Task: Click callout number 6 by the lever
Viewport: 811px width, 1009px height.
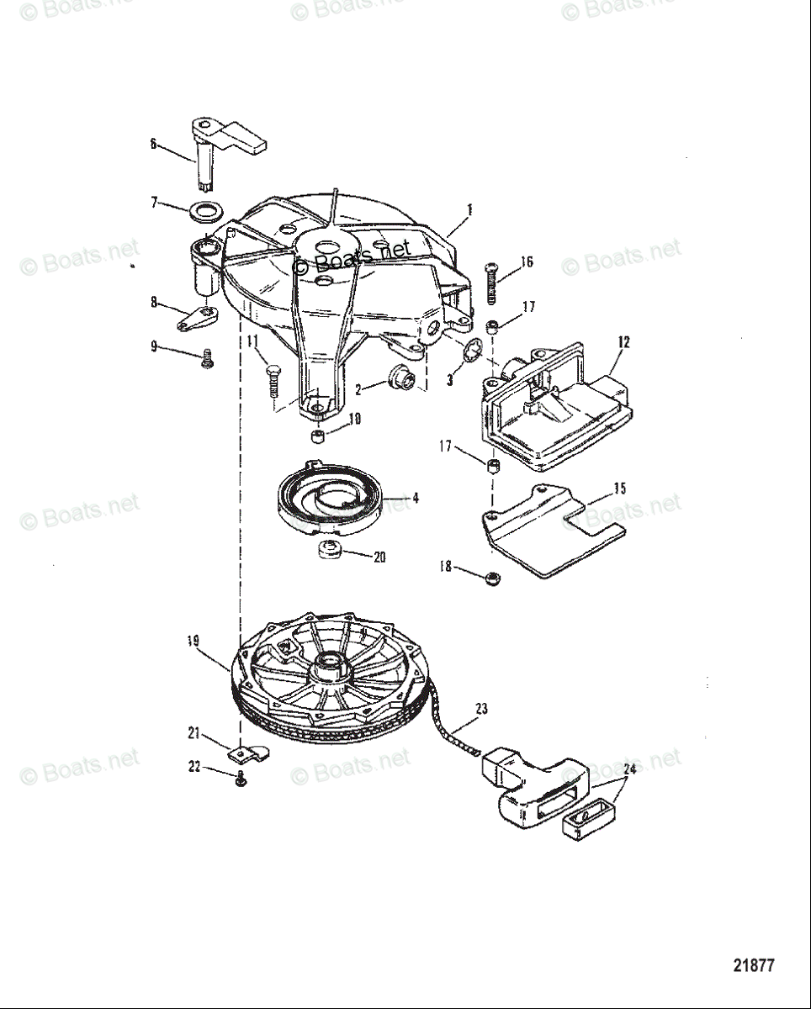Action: pyautogui.click(x=153, y=143)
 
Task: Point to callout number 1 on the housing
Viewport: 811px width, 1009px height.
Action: pyautogui.click(x=469, y=209)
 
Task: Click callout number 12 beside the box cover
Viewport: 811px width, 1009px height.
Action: pyautogui.click(x=623, y=342)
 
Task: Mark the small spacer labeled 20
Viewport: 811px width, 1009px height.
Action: pyautogui.click(x=329, y=552)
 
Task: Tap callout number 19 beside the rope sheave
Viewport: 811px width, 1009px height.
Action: pyautogui.click(x=193, y=641)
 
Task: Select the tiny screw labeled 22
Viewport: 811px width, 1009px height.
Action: pyautogui.click(x=241, y=780)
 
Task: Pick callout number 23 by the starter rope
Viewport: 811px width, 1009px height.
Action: pyautogui.click(x=480, y=708)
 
